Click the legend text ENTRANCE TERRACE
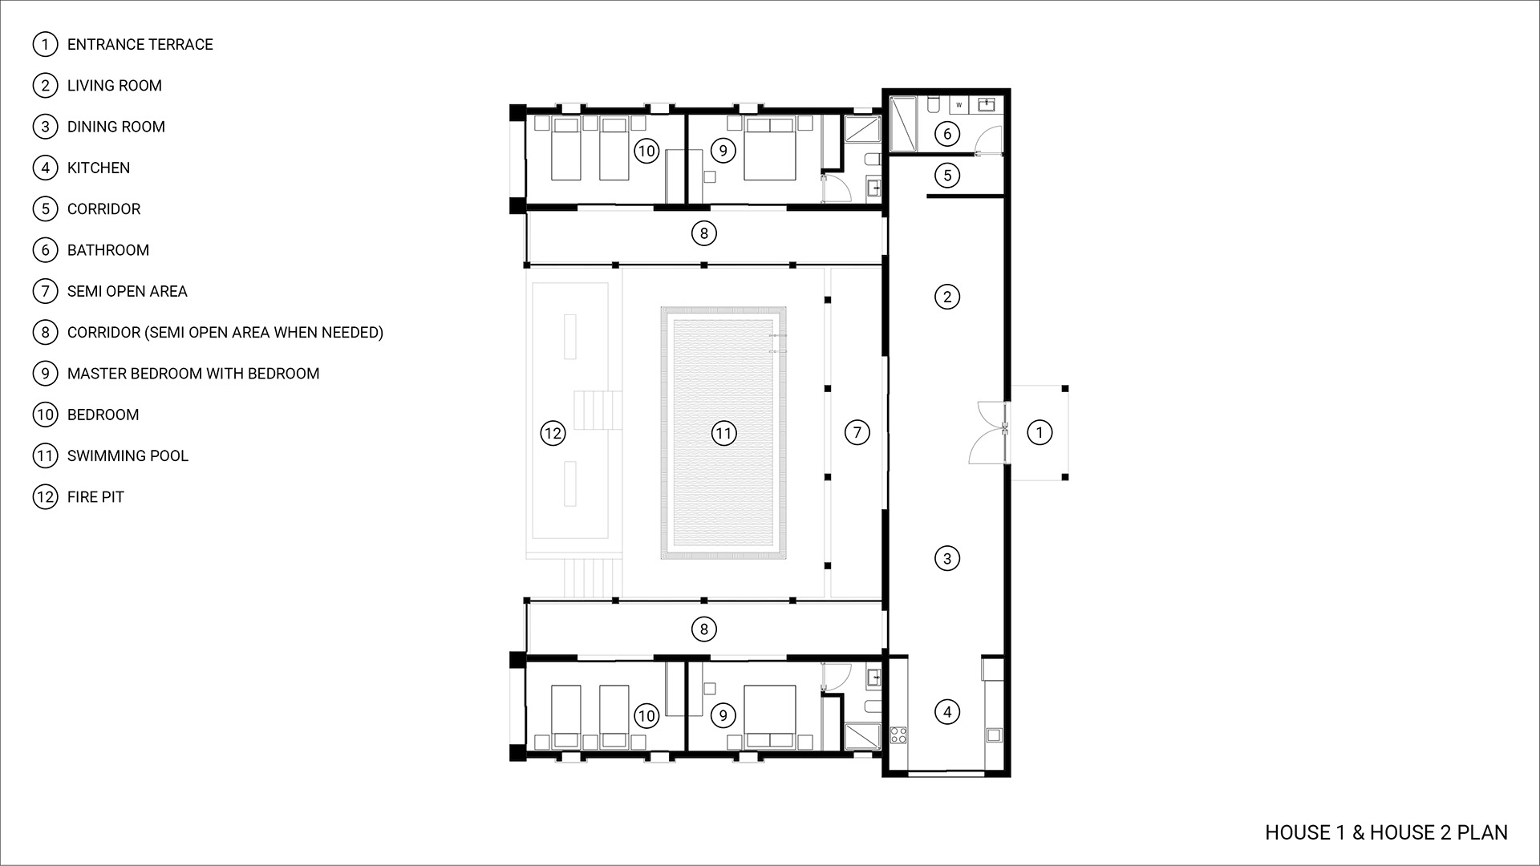(x=140, y=44)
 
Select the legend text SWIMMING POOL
(x=128, y=455)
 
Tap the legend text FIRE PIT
(x=95, y=496)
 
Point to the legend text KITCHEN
(x=99, y=168)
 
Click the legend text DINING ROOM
(x=116, y=127)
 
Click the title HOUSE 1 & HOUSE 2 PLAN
(x=1386, y=832)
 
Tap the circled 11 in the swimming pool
(x=723, y=434)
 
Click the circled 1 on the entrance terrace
(x=1039, y=433)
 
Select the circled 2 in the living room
(x=947, y=297)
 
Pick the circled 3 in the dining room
(x=947, y=558)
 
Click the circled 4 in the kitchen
(x=947, y=711)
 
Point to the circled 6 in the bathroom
(x=947, y=133)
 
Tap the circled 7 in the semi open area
(x=857, y=433)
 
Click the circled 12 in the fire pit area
(x=553, y=434)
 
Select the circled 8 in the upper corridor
(x=703, y=233)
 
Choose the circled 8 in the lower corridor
(x=703, y=629)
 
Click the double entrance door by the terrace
(x=988, y=432)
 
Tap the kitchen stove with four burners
(x=898, y=734)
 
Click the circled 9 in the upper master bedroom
(x=723, y=150)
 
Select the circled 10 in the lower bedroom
(x=646, y=715)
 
